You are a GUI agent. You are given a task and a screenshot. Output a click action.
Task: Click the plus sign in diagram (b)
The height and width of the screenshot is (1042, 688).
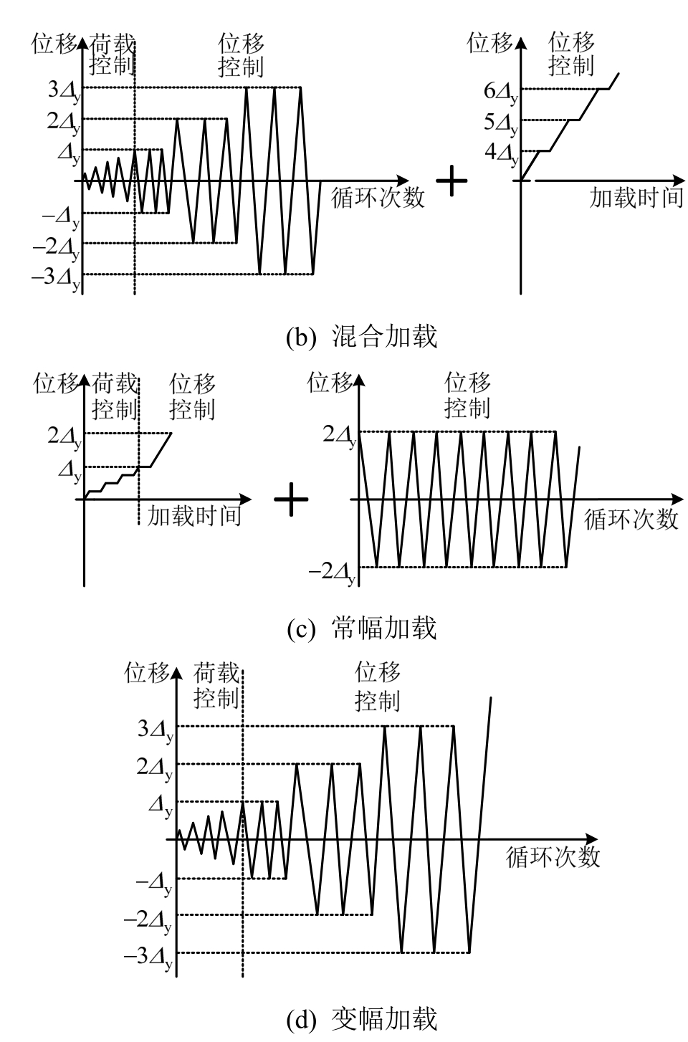[x=451, y=181]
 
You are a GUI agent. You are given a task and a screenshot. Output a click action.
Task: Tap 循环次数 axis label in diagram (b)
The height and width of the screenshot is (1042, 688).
[x=378, y=198]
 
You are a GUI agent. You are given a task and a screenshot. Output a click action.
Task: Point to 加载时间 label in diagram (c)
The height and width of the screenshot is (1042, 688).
[x=194, y=515]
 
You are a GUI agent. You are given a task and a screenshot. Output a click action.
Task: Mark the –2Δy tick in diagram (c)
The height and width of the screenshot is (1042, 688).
[x=332, y=572]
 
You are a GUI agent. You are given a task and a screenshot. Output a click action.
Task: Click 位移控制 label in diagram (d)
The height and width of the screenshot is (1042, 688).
[x=378, y=686]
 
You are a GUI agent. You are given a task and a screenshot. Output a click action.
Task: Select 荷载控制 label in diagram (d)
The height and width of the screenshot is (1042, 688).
[x=216, y=686]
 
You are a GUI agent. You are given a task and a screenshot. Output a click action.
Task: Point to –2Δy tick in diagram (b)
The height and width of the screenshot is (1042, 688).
[x=60, y=248]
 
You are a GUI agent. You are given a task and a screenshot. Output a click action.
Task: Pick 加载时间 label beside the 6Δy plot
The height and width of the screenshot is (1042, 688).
[x=636, y=198]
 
